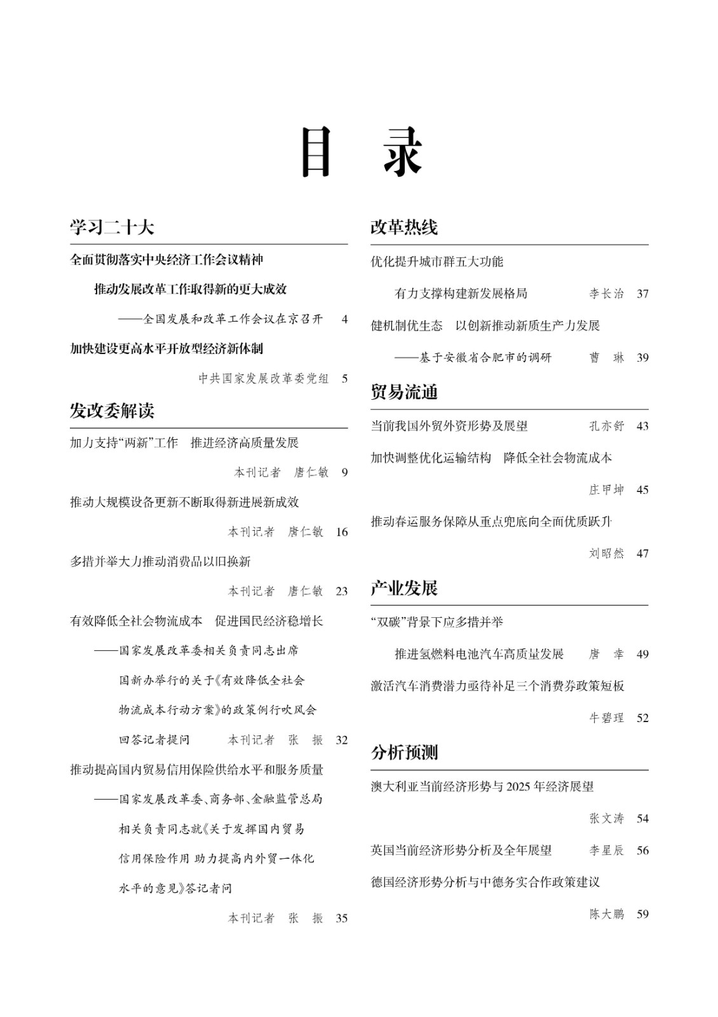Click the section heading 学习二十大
112,228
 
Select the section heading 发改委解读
112,411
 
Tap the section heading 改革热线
404,228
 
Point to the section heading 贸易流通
404,392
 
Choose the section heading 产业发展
404,588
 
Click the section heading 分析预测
404,753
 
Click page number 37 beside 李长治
642,294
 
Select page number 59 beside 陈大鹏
642,914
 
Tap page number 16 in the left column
342,532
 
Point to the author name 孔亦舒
606,426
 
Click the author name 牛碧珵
606,718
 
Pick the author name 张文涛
606,819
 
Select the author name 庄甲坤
606,489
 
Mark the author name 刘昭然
606,554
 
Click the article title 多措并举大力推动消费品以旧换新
160,561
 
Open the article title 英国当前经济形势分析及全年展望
461,850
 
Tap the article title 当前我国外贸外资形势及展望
449,426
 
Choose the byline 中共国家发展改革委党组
264,379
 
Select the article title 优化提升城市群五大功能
437,262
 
